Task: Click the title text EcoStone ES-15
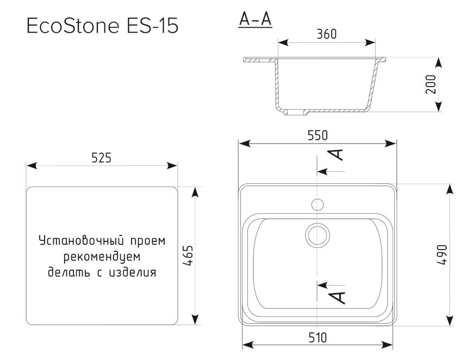[102, 26]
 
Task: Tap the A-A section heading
[255, 20]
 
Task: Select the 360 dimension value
[326, 34]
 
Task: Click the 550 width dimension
[317, 136]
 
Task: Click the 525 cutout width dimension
[102, 158]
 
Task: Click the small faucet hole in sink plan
[317, 204]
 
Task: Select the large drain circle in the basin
[317, 234]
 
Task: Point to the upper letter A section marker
[338, 154]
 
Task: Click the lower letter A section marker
[338, 297]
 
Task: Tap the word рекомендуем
[102, 256]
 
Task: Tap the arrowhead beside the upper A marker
[322, 171]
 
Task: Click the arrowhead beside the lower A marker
[322, 284]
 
